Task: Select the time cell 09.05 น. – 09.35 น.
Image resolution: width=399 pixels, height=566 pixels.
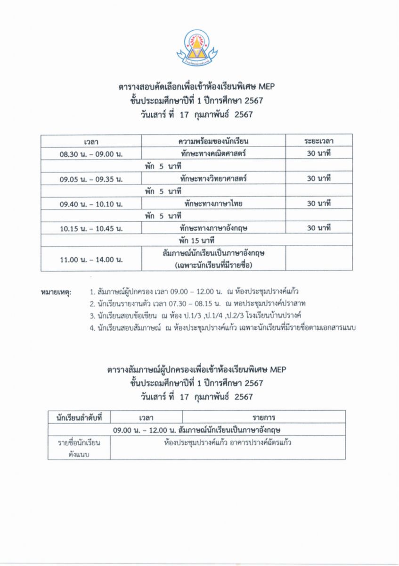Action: coord(91,179)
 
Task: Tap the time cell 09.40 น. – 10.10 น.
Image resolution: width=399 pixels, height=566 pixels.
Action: coord(91,204)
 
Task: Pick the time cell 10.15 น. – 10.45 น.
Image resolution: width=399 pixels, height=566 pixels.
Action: coord(91,228)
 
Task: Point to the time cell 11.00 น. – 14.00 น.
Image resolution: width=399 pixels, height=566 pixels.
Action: coord(91,259)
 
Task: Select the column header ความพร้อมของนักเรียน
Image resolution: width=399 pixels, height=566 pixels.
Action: coord(213,141)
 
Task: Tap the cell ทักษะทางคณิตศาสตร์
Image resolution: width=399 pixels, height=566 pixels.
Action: coord(213,154)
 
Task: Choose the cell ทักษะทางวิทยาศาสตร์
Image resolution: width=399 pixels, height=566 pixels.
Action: coord(213,179)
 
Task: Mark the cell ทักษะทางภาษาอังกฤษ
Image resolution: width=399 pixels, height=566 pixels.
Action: coord(213,228)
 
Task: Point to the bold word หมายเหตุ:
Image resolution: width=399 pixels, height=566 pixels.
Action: coord(57,292)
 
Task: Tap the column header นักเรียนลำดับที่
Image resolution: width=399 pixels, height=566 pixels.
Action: coord(79,417)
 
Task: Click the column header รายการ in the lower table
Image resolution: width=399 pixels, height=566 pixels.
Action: coord(263,417)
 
